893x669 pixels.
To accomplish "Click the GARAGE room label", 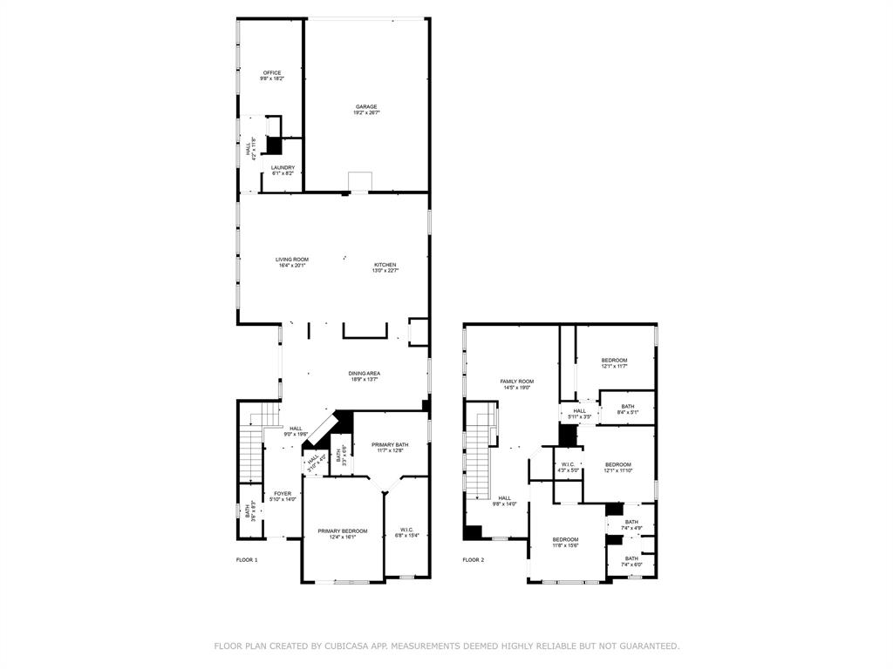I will click(x=365, y=107).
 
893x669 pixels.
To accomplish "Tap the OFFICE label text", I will click(x=272, y=73).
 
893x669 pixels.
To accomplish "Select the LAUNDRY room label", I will click(x=283, y=168).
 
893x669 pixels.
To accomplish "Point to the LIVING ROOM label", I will click(x=292, y=260).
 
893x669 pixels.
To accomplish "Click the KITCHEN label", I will click(x=385, y=265).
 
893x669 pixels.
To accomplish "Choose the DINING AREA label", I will click(x=365, y=374).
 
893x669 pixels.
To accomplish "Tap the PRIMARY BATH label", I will click(x=388, y=444).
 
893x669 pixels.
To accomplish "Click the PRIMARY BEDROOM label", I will click(x=342, y=531).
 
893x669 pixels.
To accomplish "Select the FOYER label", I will click(x=283, y=494).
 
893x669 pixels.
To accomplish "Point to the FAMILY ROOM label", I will click(x=516, y=382).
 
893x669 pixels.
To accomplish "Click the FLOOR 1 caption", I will click(x=247, y=560).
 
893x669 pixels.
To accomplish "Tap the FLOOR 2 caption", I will click(x=473, y=560).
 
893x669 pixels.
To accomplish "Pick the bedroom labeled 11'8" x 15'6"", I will click(x=565, y=540).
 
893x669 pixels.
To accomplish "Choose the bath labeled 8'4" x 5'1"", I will click(x=628, y=407).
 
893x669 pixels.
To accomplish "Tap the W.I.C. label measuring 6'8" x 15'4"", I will click(x=406, y=531).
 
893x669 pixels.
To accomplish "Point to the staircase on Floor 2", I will click(x=481, y=453).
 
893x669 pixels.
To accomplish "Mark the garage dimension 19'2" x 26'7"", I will click(x=365, y=113).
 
